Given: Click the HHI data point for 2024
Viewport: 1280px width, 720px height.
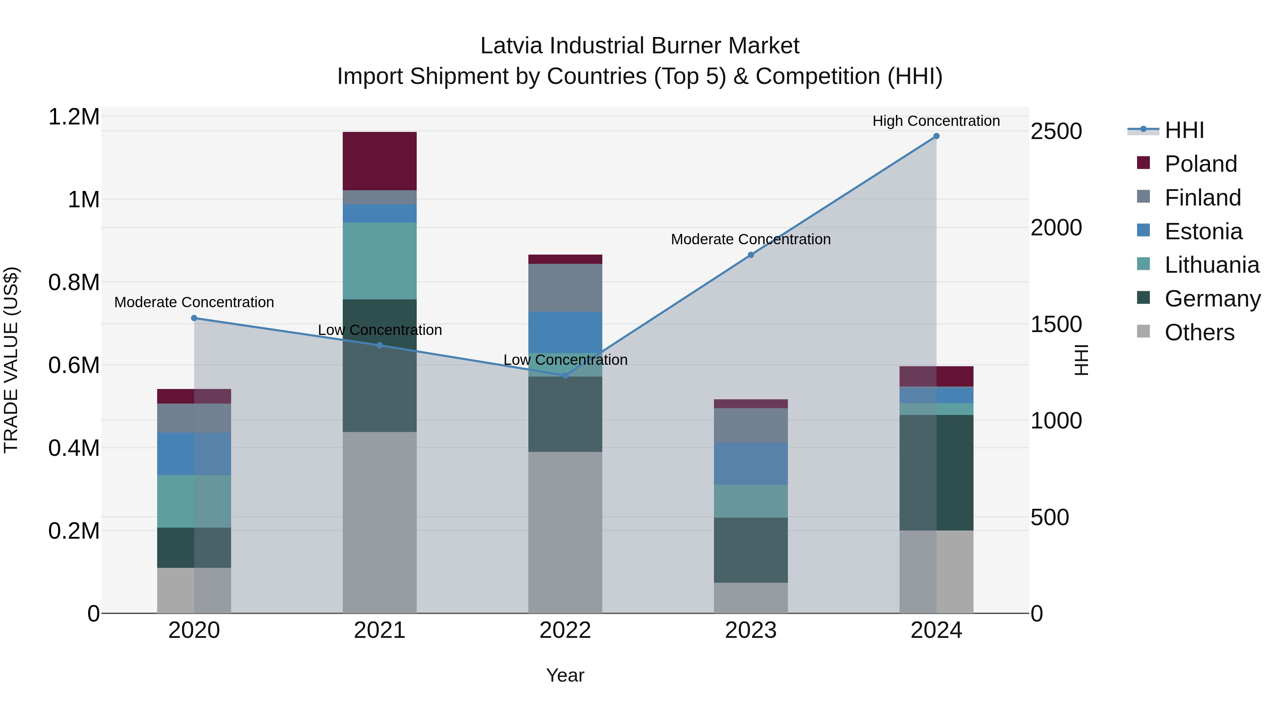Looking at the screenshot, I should pyautogui.click(x=936, y=136).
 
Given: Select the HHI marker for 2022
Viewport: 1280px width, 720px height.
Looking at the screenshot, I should pyautogui.click(x=565, y=375).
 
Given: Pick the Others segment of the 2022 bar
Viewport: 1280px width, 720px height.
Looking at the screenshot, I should pyautogui.click(x=565, y=532).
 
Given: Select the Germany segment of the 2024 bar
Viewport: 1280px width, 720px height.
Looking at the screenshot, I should pyautogui.click(x=936, y=472).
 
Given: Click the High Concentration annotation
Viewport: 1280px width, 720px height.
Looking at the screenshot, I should pyautogui.click(x=936, y=121).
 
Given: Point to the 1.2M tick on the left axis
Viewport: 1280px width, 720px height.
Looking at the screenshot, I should pyautogui.click(x=74, y=117).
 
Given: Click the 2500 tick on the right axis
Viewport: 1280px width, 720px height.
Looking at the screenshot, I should pyautogui.click(x=1056, y=131).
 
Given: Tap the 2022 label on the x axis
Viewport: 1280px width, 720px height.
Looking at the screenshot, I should pyautogui.click(x=565, y=630).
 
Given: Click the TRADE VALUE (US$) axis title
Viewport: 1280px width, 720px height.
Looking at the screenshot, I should pyautogui.click(x=11, y=360).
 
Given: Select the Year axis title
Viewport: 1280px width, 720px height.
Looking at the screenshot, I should pyautogui.click(x=565, y=675).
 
